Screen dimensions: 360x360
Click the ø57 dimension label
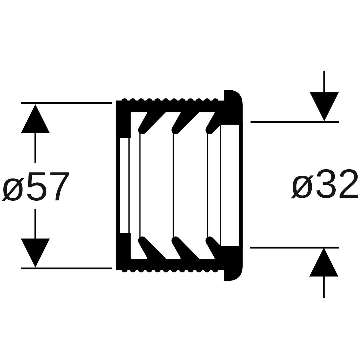pyautogui.click(x=35, y=187)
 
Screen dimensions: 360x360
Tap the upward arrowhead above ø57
pyautogui.click(x=35, y=119)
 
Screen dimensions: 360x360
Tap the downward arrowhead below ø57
pyautogui.click(x=35, y=253)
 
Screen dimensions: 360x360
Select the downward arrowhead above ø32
pyautogui.click(x=324, y=107)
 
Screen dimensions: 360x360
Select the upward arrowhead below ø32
pyautogui.click(x=324, y=262)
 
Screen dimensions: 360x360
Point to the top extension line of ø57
pyautogui.click(x=66, y=103)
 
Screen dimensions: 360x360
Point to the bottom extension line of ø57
pyautogui.click(x=66, y=268)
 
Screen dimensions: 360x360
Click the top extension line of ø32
pyautogui.click(x=295, y=122)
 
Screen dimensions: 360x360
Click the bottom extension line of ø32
pyautogui.click(x=295, y=247)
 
